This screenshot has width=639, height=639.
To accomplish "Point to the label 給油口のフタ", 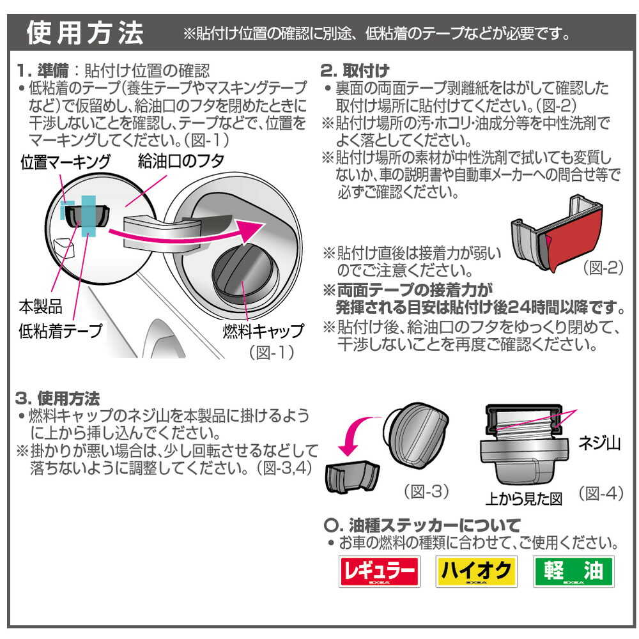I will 181,160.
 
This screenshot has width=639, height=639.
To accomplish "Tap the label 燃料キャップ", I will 263,330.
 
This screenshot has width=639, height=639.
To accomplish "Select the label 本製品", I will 40,307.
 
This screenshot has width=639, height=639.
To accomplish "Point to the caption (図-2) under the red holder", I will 603,268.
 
